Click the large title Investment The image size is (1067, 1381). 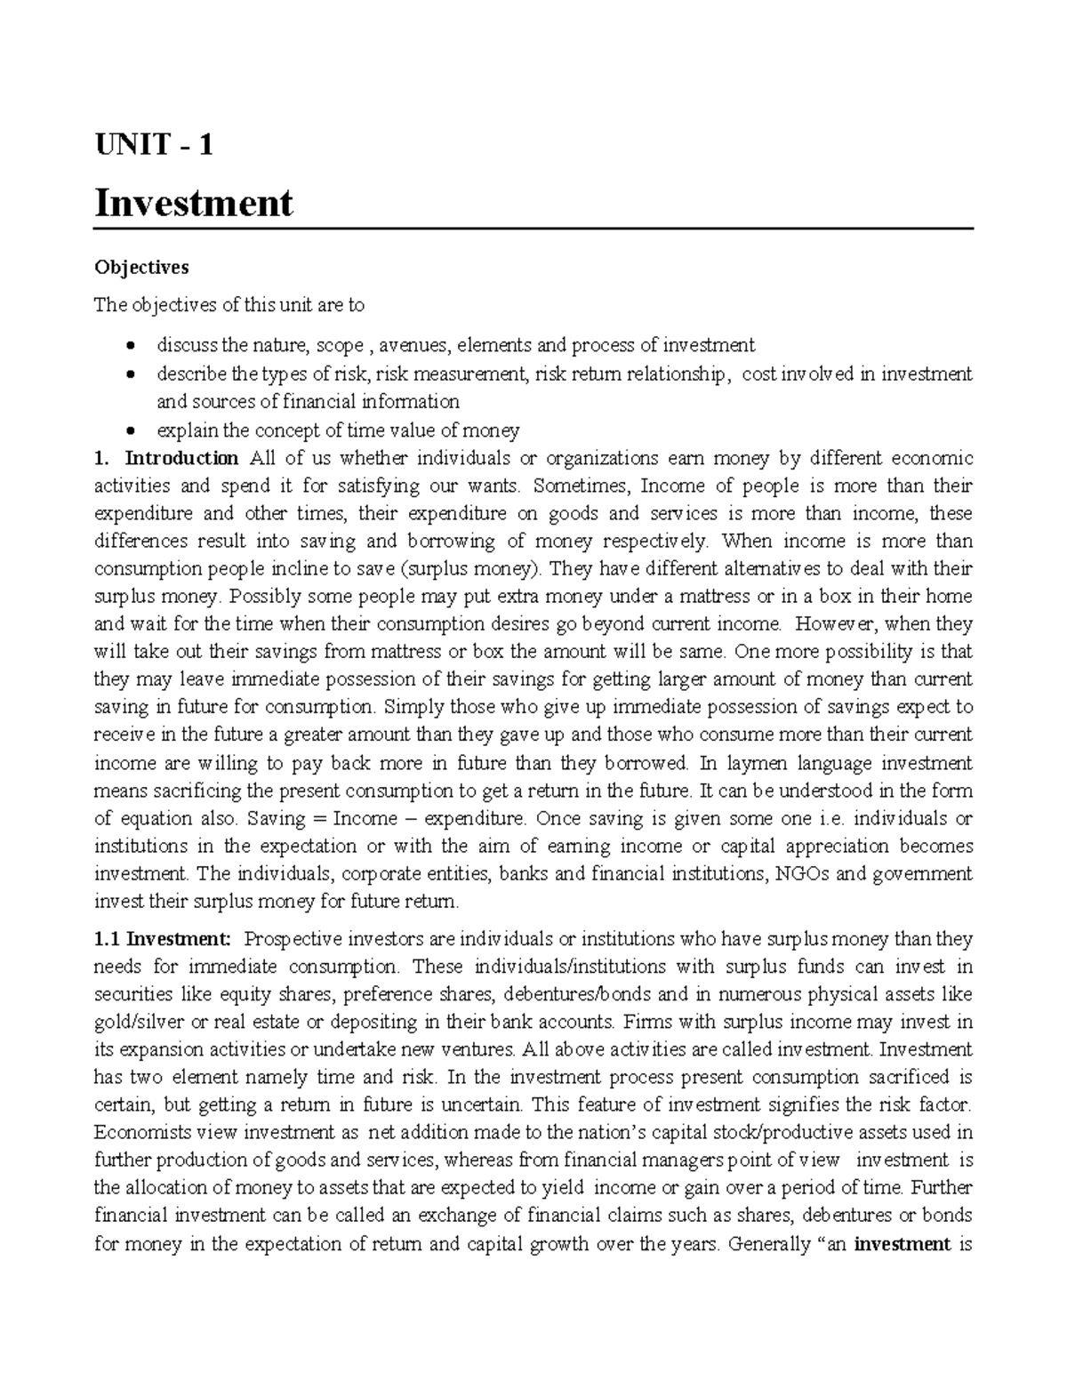click(x=193, y=203)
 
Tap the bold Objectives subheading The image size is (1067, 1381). click(x=141, y=267)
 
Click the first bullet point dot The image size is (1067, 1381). click(x=131, y=346)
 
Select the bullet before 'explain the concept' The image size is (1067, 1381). click(x=131, y=431)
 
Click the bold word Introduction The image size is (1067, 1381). click(x=181, y=459)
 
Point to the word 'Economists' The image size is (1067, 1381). click(x=138, y=1133)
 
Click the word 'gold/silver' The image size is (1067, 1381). click(x=135, y=1022)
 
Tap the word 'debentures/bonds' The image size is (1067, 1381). click(x=569, y=994)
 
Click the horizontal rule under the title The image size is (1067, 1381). click(x=533, y=229)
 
